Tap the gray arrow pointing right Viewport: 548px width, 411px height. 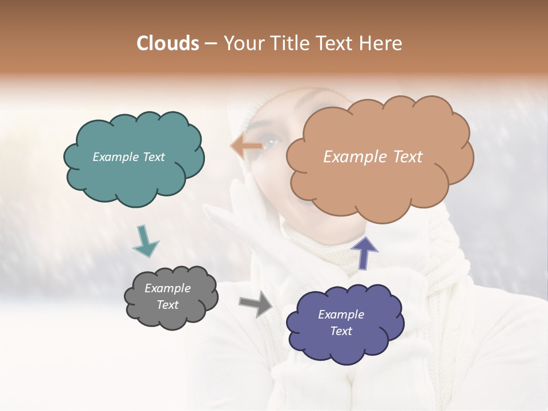[256, 304]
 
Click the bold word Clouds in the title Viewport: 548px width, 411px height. [168, 43]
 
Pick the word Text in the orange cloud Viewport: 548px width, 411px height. [402, 157]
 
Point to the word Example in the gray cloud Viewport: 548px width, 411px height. [168, 288]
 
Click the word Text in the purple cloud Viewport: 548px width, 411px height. [341, 331]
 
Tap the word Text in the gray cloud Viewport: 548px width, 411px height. [168, 305]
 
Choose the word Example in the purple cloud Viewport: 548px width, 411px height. [341, 315]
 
